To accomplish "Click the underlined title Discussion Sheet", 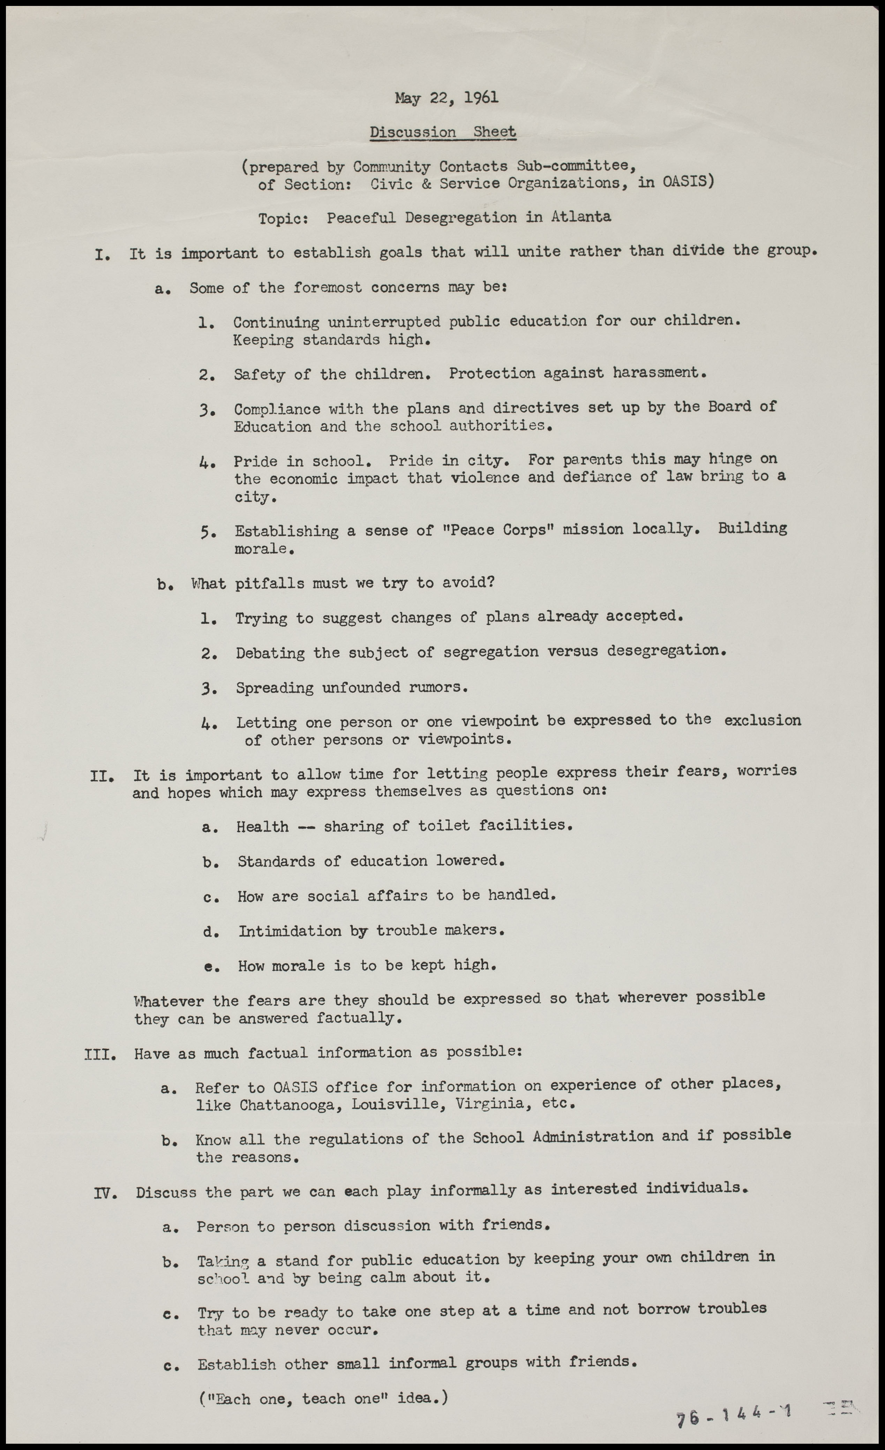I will [443, 133].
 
